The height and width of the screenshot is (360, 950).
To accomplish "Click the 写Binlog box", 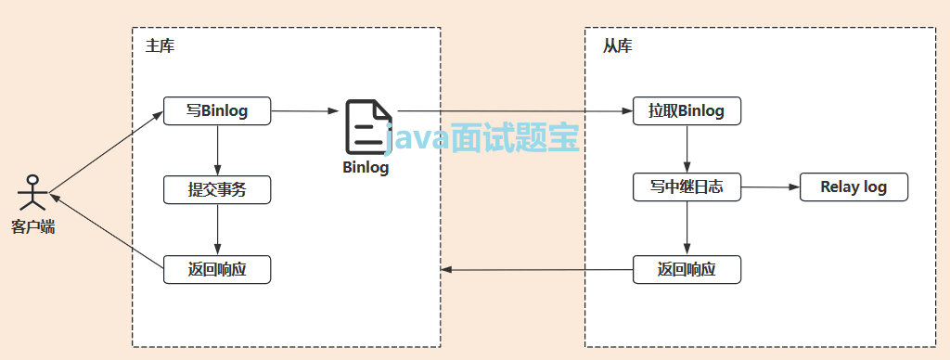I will [x=217, y=111].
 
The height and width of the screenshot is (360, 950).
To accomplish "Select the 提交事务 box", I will [x=217, y=190].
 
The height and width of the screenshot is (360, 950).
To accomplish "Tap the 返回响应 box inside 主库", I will [x=217, y=269].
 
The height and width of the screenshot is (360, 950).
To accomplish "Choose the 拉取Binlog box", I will [x=687, y=111].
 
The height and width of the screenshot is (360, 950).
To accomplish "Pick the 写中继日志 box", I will [x=687, y=187].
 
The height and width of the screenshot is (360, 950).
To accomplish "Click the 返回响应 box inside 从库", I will [x=687, y=269].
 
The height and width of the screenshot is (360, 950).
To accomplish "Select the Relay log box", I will [x=854, y=187].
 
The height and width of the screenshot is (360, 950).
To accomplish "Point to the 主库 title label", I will [x=160, y=45].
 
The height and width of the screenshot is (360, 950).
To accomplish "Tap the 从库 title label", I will [x=618, y=45].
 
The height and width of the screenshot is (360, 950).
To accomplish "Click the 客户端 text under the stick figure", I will [x=33, y=225].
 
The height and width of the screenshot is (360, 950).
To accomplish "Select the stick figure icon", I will [x=32, y=192].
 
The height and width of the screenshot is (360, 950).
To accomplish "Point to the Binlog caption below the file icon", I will [x=366, y=168].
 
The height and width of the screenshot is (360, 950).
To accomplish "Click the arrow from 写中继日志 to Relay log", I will [x=770, y=187].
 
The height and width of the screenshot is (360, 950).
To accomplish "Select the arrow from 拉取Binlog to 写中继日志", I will [x=687, y=148].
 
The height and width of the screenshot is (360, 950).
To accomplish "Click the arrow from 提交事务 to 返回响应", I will [x=217, y=229].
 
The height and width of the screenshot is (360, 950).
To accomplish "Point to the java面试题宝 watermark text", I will [x=482, y=139].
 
